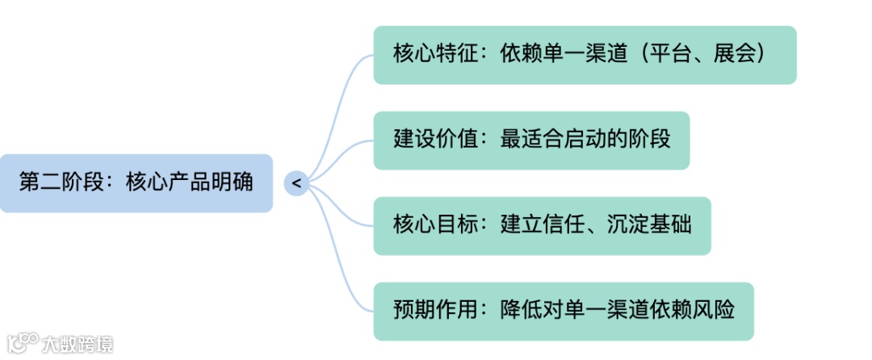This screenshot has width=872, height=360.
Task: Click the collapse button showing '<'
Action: point(296,183)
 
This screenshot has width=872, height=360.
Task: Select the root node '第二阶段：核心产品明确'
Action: point(136,183)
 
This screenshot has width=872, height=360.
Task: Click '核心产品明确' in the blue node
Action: point(189,182)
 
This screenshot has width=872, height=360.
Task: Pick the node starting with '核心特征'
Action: point(585,55)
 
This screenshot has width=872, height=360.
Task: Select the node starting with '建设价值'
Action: point(531,140)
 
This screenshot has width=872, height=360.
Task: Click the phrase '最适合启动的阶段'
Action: point(585,140)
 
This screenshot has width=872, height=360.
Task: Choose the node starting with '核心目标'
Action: point(542,225)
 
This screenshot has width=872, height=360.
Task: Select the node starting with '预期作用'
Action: point(563,311)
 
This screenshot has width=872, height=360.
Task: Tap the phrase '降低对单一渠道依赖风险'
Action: point(617,311)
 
